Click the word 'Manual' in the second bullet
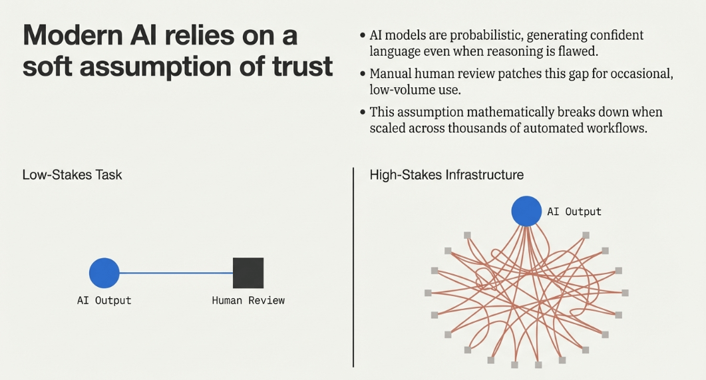pyautogui.click(x=390, y=73)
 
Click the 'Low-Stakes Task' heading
pyautogui.click(x=72, y=174)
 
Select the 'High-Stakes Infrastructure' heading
pyautogui.click(x=446, y=174)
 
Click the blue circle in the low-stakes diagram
pyautogui.click(x=104, y=273)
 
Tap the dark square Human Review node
pyautogui.click(x=248, y=273)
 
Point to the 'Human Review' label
pyautogui.click(x=248, y=300)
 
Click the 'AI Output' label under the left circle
pyautogui.click(x=104, y=300)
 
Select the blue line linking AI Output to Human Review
pyautogui.click(x=176, y=273)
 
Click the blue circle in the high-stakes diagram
pyautogui.click(x=526, y=211)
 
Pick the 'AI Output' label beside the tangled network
pyautogui.click(x=574, y=212)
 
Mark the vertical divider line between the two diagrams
pyautogui.click(x=353, y=268)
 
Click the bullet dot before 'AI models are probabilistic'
pyautogui.click(x=363, y=35)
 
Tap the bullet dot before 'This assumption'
pyautogui.click(x=363, y=112)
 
